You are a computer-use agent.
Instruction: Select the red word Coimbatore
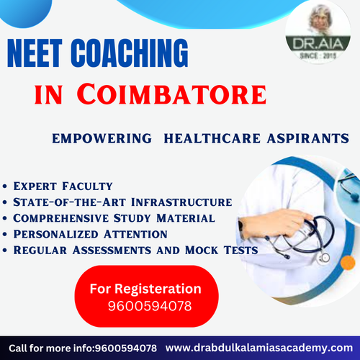click(181, 94)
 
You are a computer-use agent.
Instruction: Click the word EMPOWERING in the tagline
click(101, 138)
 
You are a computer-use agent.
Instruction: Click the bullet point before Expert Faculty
click(6, 187)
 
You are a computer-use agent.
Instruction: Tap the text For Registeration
click(145, 289)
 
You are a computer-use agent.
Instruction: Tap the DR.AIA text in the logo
click(312, 44)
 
